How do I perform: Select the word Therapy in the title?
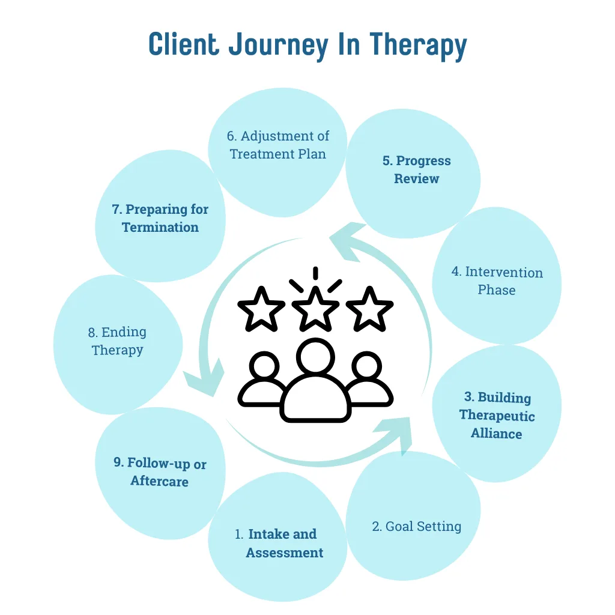pyautogui.click(x=417, y=46)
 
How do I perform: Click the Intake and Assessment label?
pyautogui.click(x=279, y=544)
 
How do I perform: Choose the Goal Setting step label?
pyautogui.click(x=416, y=527)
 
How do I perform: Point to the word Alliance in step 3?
pyautogui.click(x=496, y=434)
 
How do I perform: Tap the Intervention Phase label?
pyautogui.click(x=497, y=280)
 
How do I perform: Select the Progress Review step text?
pyautogui.click(x=416, y=169)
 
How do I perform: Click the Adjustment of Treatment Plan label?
pyautogui.click(x=278, y=145)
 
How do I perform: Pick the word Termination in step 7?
pyautogui.click(x=160, y=227)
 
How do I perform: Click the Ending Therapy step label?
pyautogui.click(x=118, y=341)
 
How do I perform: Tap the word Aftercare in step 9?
pyautogui.click(x=159, y=482)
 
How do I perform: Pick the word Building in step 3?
pyautogui.click(x=504, y=398)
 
